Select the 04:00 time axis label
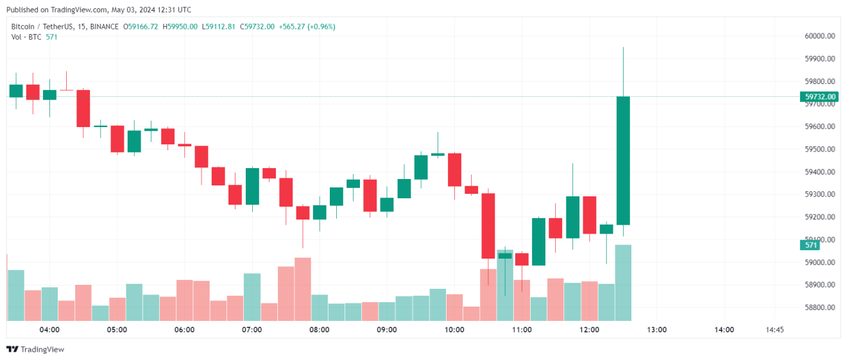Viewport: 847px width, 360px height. (x=49, y=330)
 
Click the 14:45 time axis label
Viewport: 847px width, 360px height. (x=774, y=330)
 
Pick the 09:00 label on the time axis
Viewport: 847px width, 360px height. (x=387, y=330)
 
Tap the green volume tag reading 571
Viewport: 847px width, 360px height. (x=811, y=245)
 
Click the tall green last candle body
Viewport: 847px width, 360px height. (x=623, y=160)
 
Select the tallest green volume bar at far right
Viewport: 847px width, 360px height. (x=623, y=282)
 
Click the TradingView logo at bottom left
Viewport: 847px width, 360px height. (x=35, y=350)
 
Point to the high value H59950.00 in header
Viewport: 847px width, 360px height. (x=180, y=26)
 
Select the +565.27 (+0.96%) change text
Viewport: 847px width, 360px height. (x=307, y=26)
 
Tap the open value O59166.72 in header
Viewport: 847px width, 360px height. (x=141, y=26)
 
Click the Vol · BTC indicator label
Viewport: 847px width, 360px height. (x=26, y=37)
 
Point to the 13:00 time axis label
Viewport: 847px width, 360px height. (x=657, y=330)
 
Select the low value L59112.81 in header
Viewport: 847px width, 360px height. (x=218, y=26)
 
